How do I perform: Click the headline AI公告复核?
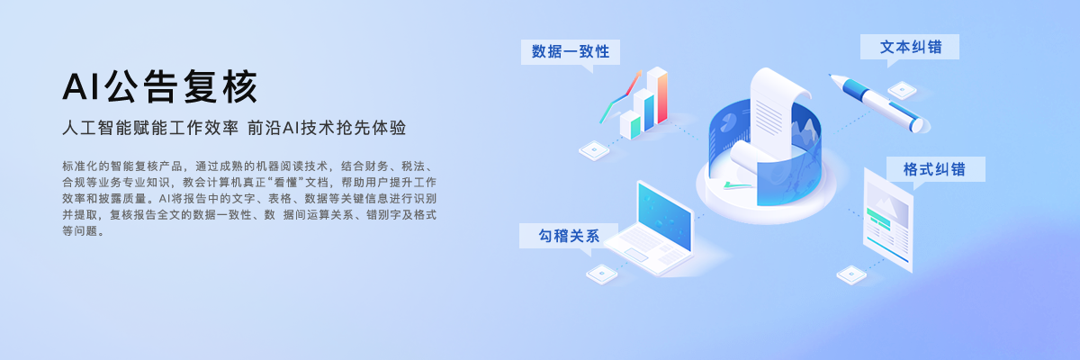tap(160, 87)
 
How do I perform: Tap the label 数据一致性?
tap(571, 51)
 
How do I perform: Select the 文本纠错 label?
tap(910, 47)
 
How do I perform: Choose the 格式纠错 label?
tap(933, 169)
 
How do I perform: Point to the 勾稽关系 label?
tap(569, 236)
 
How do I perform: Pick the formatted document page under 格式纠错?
tap(887, 220)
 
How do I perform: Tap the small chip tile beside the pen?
tap(901, 90)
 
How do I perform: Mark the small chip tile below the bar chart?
tap(595, 150)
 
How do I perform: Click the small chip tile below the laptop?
tap(602, 272)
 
